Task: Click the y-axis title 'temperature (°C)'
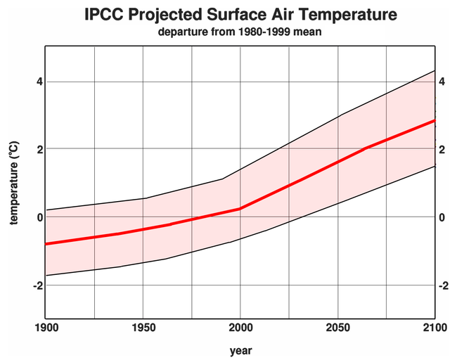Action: [x=14, y=182]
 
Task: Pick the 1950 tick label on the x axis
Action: [x=143, y=327]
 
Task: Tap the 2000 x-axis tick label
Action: [x=240, y=327]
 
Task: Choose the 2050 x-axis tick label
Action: [x=338, y=327]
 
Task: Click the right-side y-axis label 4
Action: [x=442, y=82]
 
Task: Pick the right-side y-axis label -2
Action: [x=444, y=285]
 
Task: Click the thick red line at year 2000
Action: [x=240, y=208]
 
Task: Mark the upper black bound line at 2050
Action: [x=338, y=116]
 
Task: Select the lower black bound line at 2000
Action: [x=240, y=239]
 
